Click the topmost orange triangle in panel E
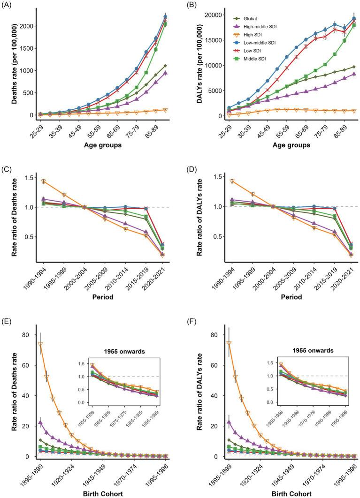pos(41,345)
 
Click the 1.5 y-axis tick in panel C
pos(26,178)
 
